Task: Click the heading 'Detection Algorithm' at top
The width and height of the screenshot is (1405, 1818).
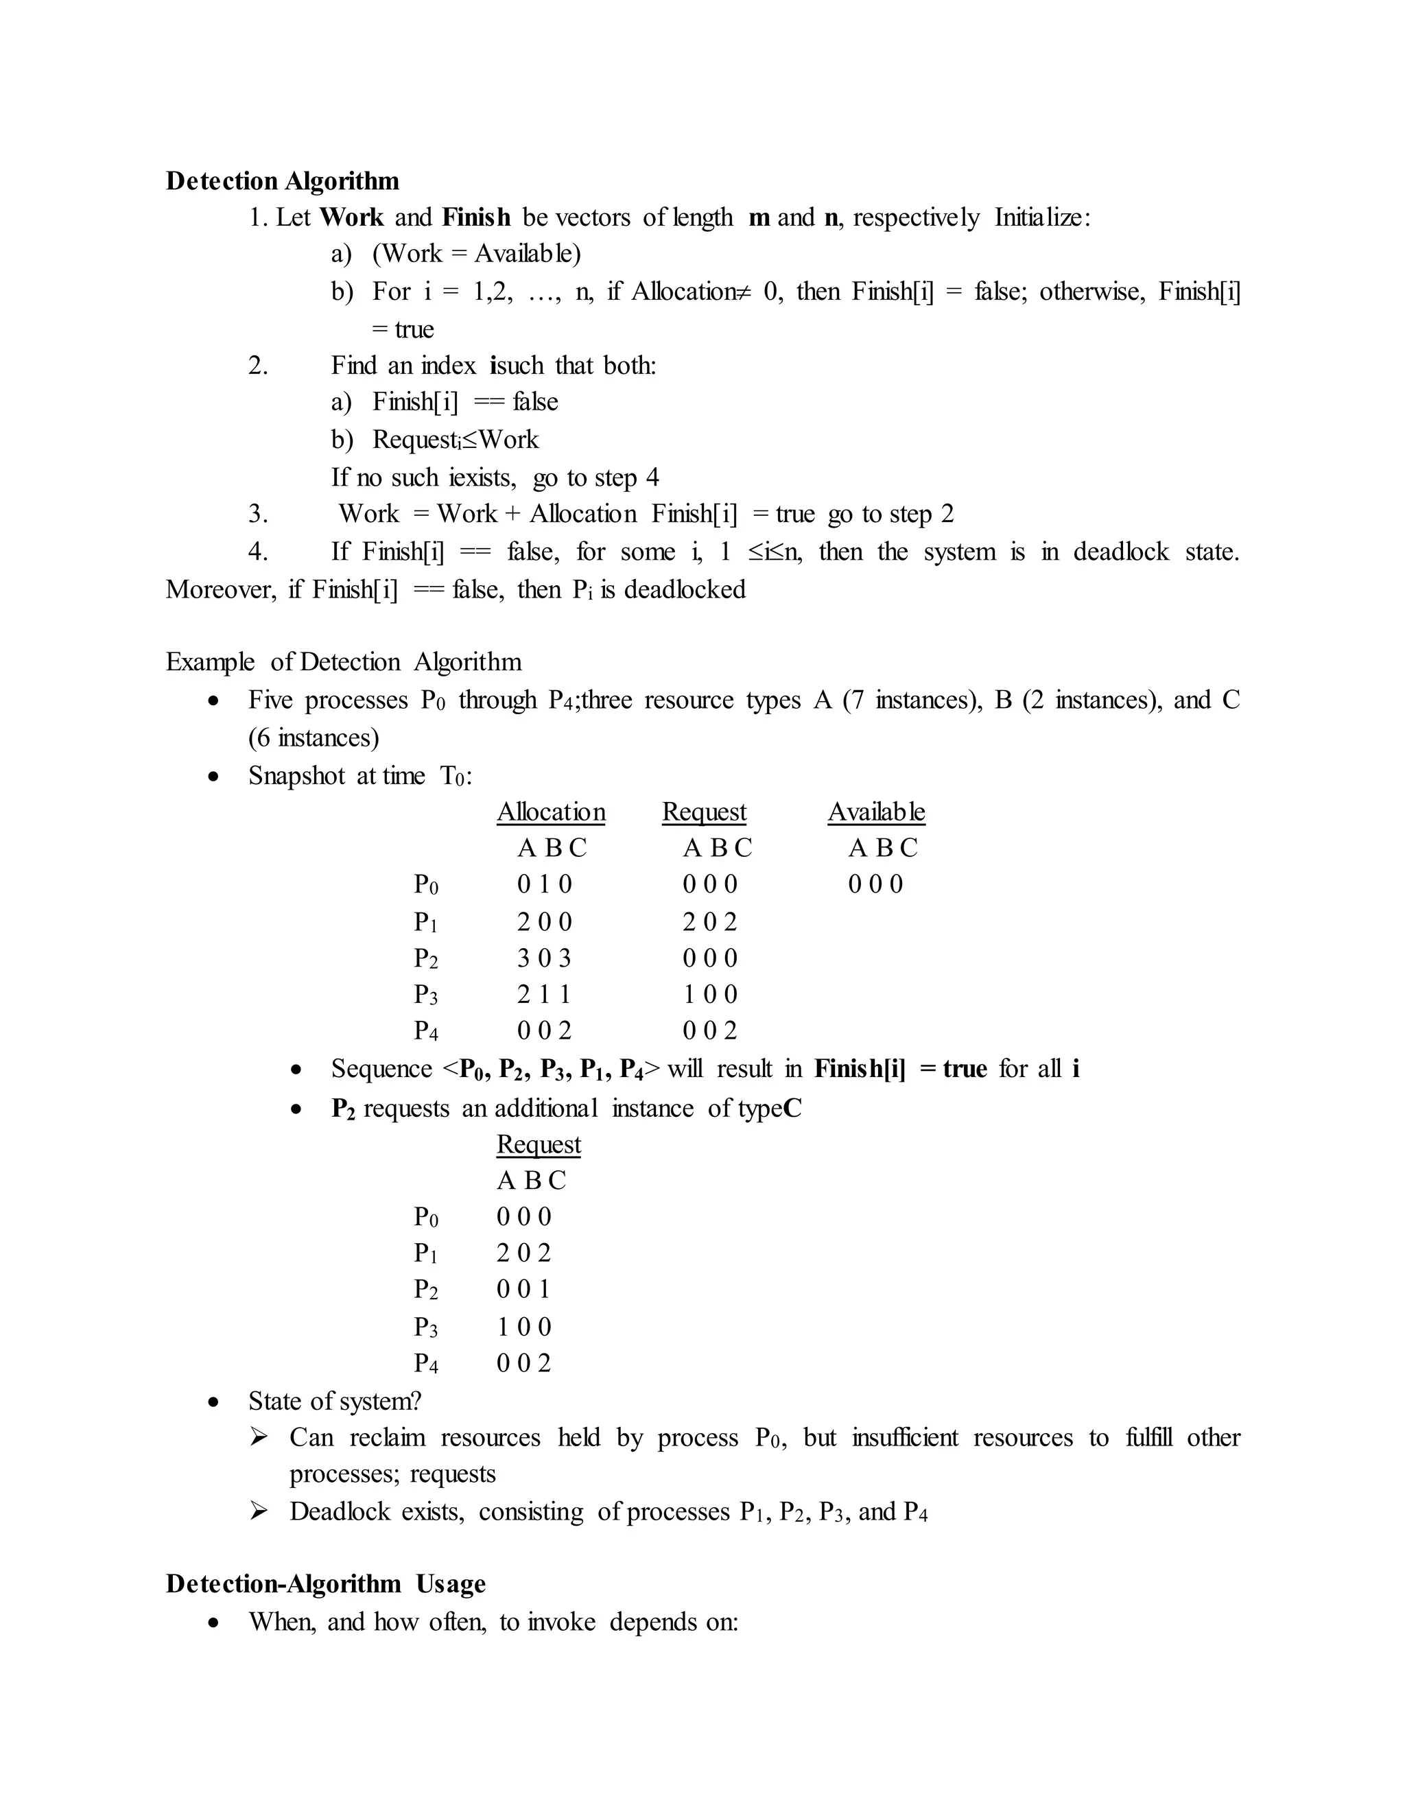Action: point(282,180)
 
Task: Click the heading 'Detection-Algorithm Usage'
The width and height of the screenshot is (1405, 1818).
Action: point(325,1583)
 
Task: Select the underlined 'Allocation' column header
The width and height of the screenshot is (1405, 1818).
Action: point(551,812)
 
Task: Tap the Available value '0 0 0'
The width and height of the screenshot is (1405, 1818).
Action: point(875,884)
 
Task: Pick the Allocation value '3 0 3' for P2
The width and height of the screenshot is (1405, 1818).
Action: point(544,958)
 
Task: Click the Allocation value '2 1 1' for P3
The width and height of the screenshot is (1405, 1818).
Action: point(544,994)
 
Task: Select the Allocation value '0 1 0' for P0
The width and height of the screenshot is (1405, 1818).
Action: point(544,884)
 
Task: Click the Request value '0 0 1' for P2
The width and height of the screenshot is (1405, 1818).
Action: point(523,1290)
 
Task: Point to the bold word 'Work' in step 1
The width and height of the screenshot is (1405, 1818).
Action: point(351,217)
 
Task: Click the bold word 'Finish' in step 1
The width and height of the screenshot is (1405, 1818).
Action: point(476,217)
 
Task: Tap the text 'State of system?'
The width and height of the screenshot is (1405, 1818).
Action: point(335,1401)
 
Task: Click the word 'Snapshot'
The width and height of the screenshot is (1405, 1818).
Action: point(296,775)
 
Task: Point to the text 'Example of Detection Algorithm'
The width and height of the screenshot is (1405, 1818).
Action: point(344,662)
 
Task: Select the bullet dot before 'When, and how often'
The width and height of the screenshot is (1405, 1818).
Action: point(215,1622)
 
